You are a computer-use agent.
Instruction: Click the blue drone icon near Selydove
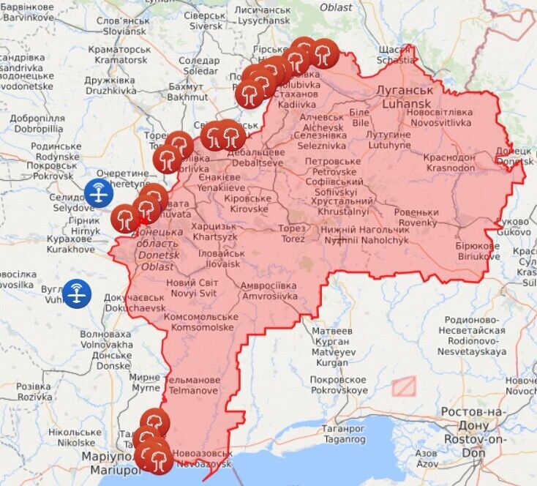(99, 192)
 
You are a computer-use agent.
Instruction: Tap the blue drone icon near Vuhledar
(77, 293)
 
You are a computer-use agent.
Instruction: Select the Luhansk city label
(404, 97)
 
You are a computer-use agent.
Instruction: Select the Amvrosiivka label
(270, 291)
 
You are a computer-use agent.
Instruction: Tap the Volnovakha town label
(106, 339)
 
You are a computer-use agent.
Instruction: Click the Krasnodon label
(448, 162)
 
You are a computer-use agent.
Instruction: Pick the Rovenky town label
(416, 217)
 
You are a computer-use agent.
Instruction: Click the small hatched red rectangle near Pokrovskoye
(403, 386)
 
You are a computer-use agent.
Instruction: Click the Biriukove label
(478, 251)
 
